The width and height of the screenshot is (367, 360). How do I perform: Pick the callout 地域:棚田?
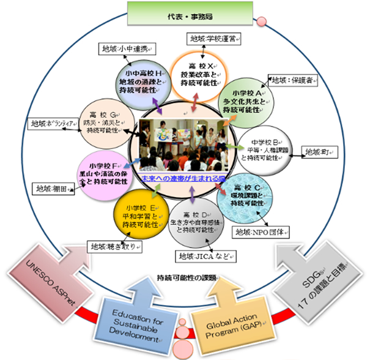point(53,188)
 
